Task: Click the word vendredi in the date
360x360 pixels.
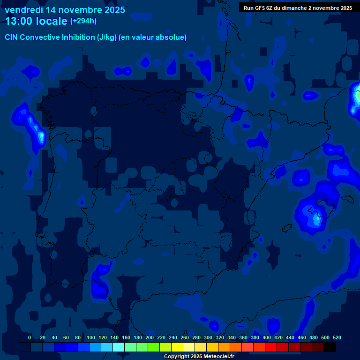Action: click(x=23, y=10)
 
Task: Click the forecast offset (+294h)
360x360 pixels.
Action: click(x=83, y=21)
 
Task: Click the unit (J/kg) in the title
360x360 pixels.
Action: click(x=108, y=37)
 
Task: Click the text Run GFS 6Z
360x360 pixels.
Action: click(x=260, y=7)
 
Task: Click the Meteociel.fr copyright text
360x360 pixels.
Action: click(x=199, y=356)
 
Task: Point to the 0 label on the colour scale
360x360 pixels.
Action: click(x=30, y=337)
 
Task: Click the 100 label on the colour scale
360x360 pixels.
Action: click(x=91, y=337)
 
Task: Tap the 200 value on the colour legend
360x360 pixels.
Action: click(x=150, y=337)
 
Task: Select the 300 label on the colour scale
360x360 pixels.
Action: click(x=208, y=337)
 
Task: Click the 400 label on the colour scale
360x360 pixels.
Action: click(x=267, y=337)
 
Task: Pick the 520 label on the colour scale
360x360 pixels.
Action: click(x=337, y=337)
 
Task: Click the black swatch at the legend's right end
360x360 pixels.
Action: click(x=330, y=347)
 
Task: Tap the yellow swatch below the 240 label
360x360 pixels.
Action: click(x=177, y=347)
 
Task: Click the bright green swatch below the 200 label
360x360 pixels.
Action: click(x=153, y=347)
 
